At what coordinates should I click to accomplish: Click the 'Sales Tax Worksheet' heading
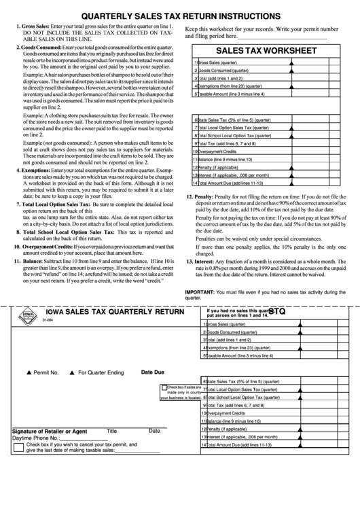pos(266,50)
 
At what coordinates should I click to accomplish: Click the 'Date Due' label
pos(153,372)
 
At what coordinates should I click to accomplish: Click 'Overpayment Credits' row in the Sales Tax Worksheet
pos(224,152)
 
